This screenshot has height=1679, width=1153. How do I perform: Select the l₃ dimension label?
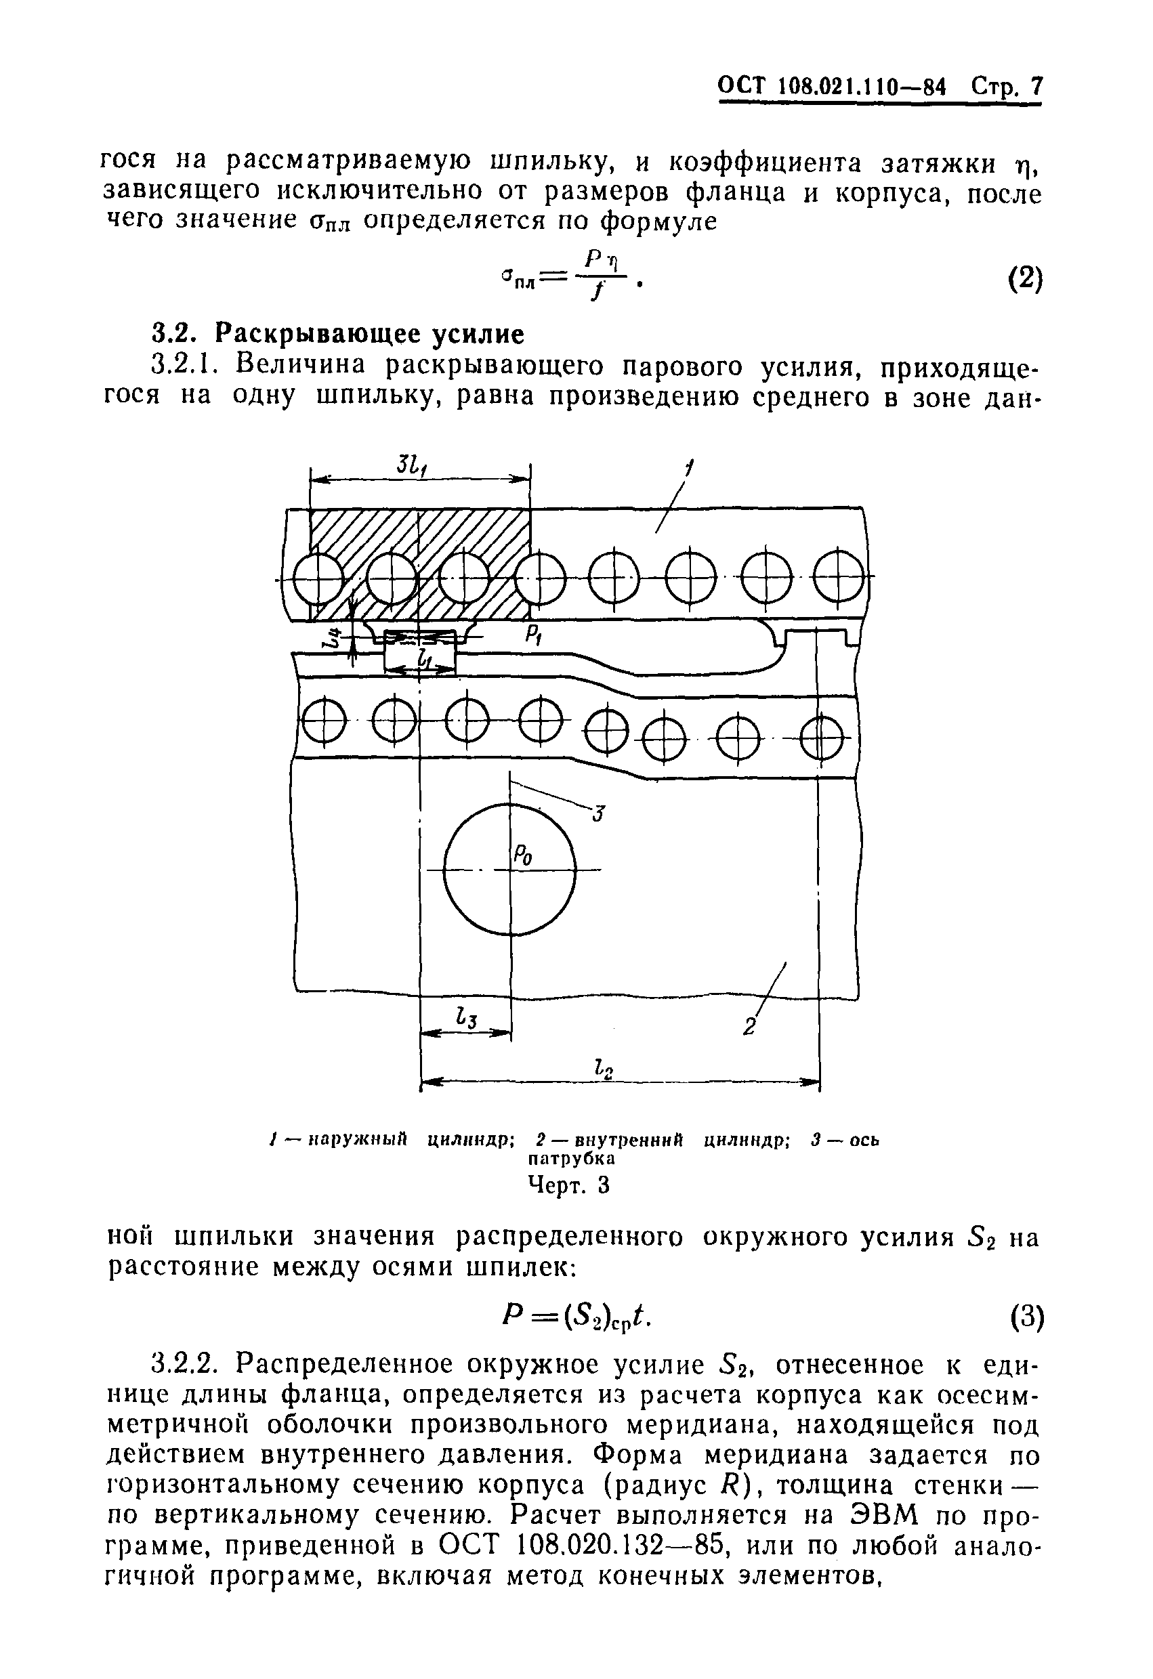(x=466, y=1020)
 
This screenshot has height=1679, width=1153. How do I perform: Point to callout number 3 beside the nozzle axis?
(x=598, y=814)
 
